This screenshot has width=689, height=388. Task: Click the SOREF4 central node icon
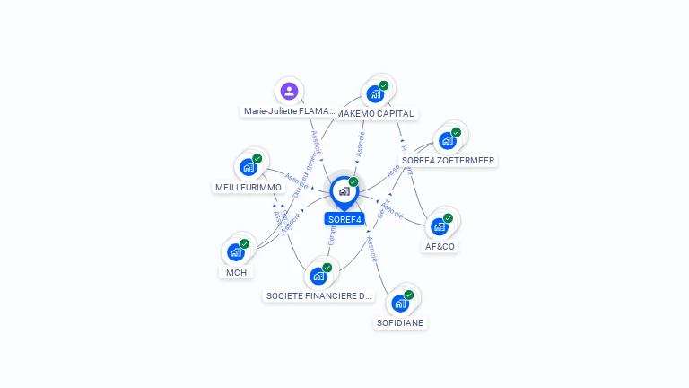point(344,190)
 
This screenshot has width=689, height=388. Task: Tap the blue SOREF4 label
point(344,219)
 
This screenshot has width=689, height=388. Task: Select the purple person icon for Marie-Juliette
point(289,91)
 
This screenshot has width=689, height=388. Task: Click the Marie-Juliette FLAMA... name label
point(289,111)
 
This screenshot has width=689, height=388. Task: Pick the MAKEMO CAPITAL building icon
point(375,93)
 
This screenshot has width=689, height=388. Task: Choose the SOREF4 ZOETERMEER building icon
point(447,140)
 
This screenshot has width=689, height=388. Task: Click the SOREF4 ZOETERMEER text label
point(448,161)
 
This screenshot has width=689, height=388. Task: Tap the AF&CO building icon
point(440,225)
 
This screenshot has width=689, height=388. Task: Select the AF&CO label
point(440,246)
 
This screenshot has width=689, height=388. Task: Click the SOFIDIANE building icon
point(400,303)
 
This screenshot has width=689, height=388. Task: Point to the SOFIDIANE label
point(400,322)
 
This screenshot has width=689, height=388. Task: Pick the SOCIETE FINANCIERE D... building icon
point(318,275)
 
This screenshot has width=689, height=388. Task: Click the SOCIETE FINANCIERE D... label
point(318,295)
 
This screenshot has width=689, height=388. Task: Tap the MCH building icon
point(236,251)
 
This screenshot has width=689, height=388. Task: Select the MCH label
point(236,272)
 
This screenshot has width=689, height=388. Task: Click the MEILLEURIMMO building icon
point(249,167)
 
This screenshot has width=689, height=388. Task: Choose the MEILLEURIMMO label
point(249,188)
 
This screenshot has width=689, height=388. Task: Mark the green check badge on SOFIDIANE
point(409,295)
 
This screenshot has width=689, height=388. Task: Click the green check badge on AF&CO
point(449,217)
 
